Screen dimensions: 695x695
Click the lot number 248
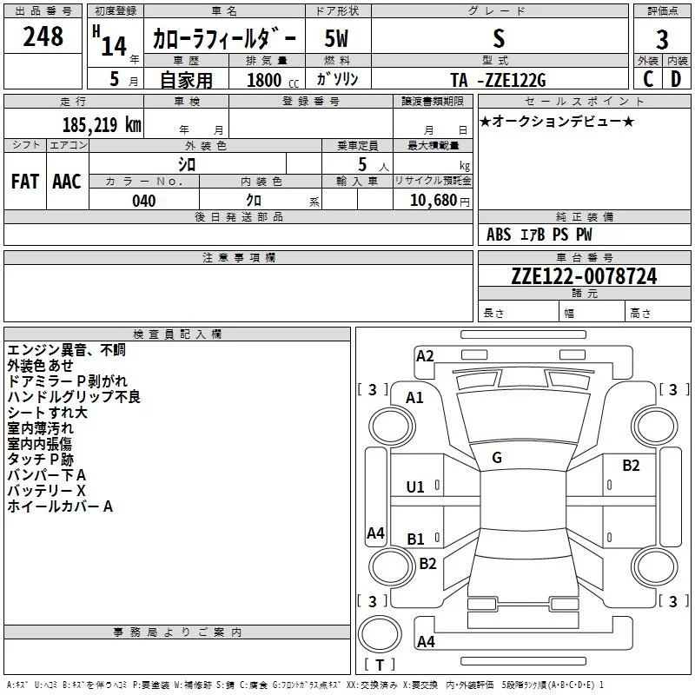pyautogui.click(x=43, y=36)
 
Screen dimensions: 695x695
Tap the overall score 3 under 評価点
pyautogui.click(x=662, y=40)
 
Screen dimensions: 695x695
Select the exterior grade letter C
pyautogui.click(x=648, y=79)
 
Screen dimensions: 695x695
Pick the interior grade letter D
pyautogui.click(x=676, y=79)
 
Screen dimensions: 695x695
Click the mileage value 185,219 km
pyautogui.click(x=102, y=125)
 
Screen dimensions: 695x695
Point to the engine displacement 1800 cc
pyautogui.click(x=273, y=80)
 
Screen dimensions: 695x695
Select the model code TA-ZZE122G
pyautogui.click(x=498, y=80)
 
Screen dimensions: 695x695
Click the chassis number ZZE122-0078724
pyautogui.click(x=584, y=276)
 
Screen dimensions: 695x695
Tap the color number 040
pyautogui.click(x=144, y=201)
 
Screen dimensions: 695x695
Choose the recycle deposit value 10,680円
pyautogui.click(x=440, y=201)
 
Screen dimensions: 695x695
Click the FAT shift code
pyautogui.click(x=25, y=182)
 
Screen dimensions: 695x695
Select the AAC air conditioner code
pyautogui.click(x=67, y=182)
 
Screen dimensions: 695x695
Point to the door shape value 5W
pyautogui.click(x=336, y=38)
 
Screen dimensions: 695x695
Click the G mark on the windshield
pyautogui.click(x=497, y=458)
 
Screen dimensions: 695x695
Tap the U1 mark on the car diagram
pyautogui.click(x=415, y=487)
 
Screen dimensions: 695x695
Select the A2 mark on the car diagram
pyautogui.click(x=425, y=356)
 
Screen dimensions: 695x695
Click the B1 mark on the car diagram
pyautogui.click(x=415, y=539)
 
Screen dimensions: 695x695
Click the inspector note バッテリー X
pyautogui.click(x=47, y=491)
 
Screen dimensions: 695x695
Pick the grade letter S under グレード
pyautogui.click(x=499, y=38)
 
